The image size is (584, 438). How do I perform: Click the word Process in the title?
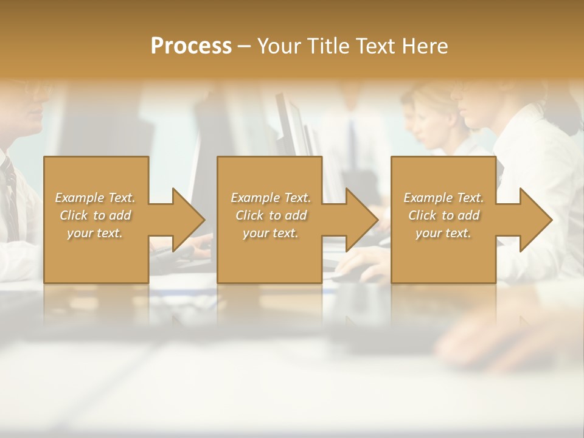coord(191,46)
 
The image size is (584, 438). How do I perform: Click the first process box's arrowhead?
coord(186,220)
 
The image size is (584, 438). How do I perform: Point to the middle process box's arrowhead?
coord(360,220)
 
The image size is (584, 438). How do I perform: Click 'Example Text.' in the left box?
coord(96,198)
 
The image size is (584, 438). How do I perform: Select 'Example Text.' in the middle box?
coord(271,198)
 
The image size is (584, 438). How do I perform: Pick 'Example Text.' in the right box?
coord(443,198)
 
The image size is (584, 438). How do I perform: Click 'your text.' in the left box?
coord(95,233)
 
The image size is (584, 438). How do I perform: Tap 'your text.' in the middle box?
coord(271,233)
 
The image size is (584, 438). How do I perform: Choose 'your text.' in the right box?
coord(443,233)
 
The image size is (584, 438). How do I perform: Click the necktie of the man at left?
coord(9,195)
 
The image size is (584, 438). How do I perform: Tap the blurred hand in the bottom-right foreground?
coord(487,341)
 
